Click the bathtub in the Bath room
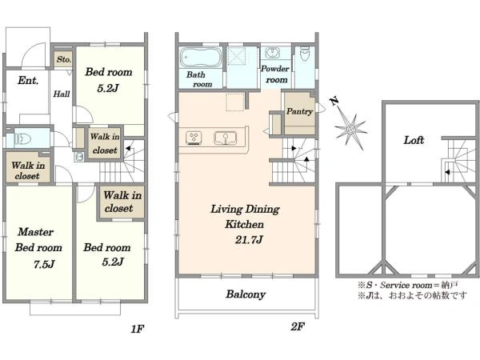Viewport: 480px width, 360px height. coord(201,58)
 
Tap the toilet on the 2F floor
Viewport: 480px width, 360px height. coord(305,54)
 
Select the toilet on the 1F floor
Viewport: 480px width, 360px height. coord(22,139)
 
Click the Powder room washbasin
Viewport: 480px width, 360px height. coord(272,52)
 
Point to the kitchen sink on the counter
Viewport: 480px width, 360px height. coord(226,138)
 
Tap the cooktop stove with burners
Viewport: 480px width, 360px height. coord(194,138)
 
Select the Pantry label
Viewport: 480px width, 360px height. coord(299,111)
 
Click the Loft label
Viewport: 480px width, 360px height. coord(414,140)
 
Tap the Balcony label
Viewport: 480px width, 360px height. coord(246,294)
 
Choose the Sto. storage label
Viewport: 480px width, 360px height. coord(64,59)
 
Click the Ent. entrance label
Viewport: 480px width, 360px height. coord(28,80)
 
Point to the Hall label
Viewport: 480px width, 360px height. coord(62,94)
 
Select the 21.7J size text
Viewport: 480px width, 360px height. coord(249,239)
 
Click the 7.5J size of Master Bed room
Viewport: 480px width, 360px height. coord(44,264)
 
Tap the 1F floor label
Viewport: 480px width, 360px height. coord(137,329)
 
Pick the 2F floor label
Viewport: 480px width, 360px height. coord(298,326)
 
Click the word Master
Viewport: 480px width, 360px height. coord(35,232)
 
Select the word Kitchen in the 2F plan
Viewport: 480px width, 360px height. coord(244,224)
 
